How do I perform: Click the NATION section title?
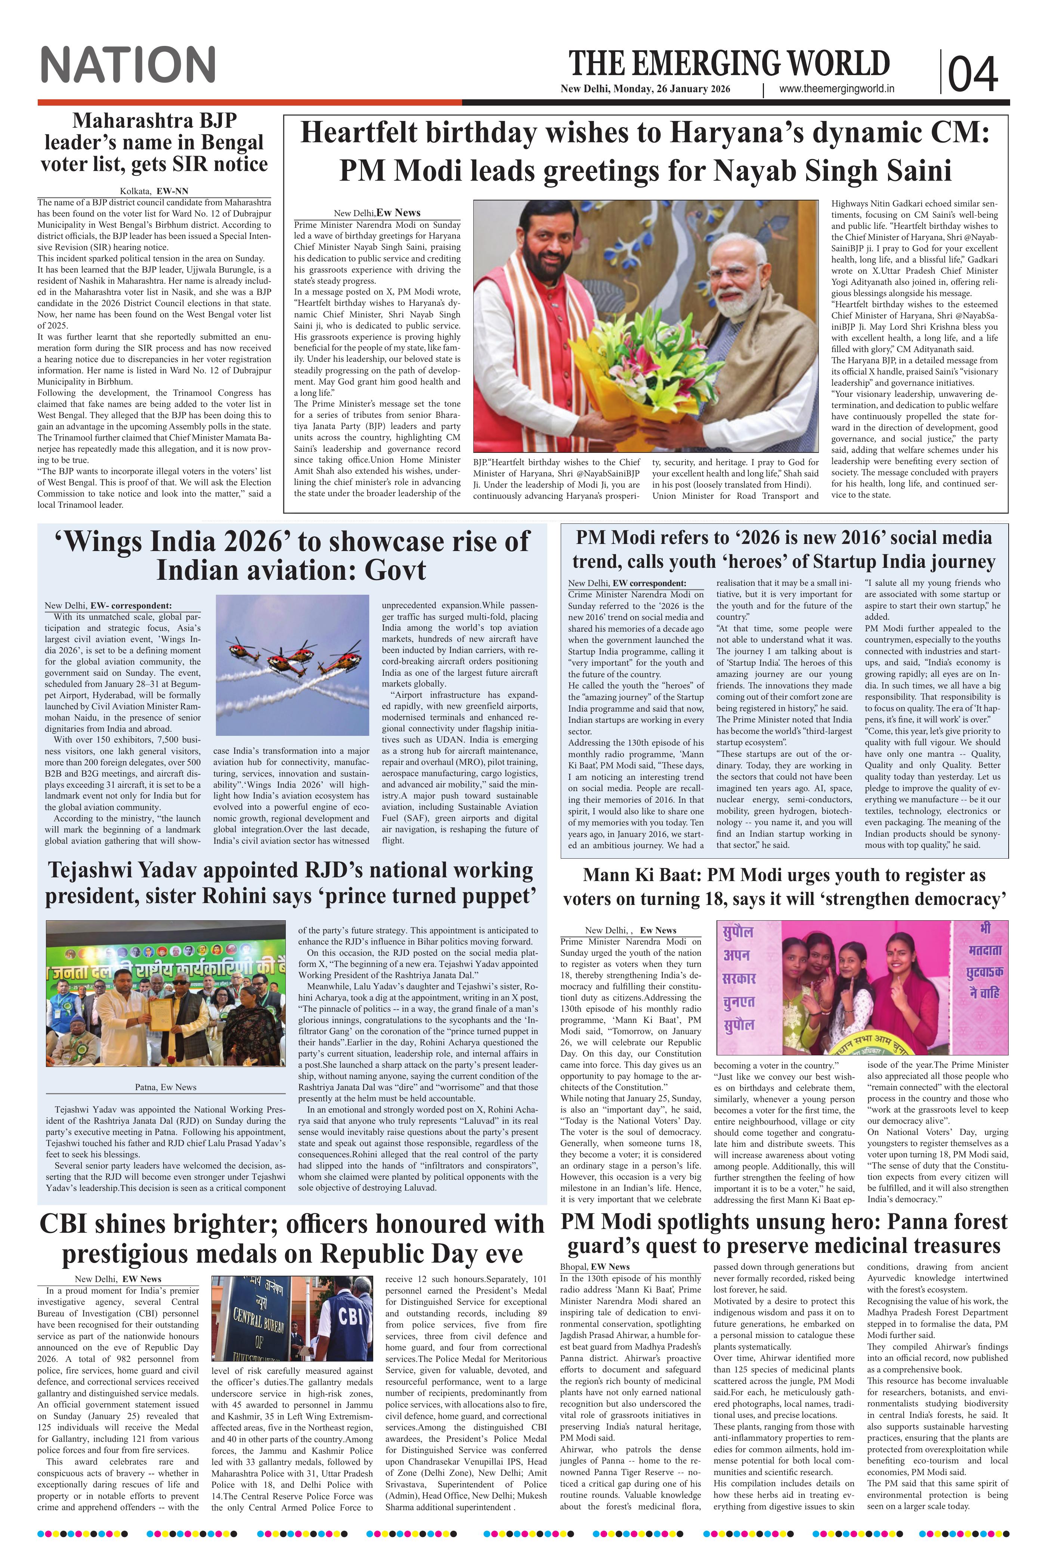coord(128,65)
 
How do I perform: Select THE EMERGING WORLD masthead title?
coord(729,63)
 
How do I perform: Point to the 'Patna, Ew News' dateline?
coord(165,1087)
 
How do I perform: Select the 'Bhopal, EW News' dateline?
coord(595,1266)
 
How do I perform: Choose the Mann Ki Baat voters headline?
coord(784,887)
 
